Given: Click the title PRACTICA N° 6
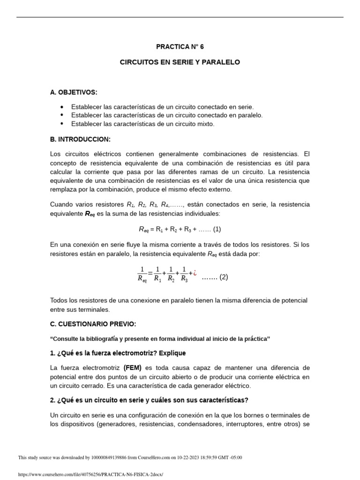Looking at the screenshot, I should tap(180, 47).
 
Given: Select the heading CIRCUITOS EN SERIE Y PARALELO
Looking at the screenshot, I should tap(180, 62).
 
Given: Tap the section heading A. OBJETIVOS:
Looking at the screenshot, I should tap(74, 92).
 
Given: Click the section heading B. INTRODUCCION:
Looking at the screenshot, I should tap(80, 139).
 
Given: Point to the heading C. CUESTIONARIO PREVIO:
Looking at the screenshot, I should tap(93, 324).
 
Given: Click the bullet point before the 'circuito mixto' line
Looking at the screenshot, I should tap(62, 124).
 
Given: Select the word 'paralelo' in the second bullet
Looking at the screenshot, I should tap(250, 115).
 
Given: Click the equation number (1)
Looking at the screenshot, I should tap(217, 229).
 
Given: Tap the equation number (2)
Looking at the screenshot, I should tap(224, 277).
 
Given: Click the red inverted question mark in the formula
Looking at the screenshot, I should tap(195, 272).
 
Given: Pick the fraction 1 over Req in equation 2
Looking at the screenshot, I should tap(142, 274).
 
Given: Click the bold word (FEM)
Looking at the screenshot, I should tap(133, 368).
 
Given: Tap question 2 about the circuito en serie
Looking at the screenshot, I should tap(149, 400).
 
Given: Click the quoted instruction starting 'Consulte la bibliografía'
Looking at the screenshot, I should tap(160, 339).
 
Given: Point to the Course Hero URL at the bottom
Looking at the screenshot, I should tap(90, 474).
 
